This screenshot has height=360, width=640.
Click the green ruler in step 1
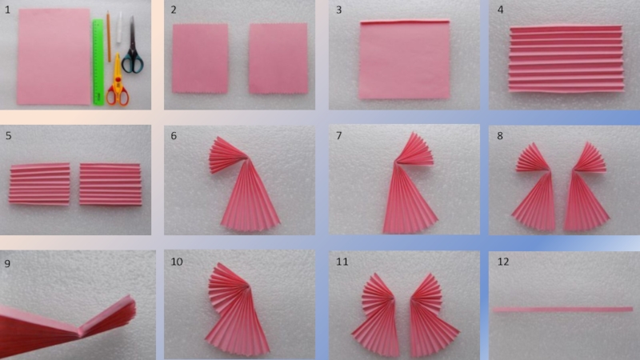[x=98, y=62]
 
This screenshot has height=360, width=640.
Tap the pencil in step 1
[x=109, y=37]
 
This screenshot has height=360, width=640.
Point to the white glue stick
[x=118, y=28]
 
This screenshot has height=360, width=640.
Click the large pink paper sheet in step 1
[x=54, y=56]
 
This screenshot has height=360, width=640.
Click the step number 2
[x=174, y=10]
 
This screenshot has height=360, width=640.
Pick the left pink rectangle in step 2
[x=200, y=58]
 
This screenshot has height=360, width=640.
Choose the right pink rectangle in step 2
[x=278, y=58]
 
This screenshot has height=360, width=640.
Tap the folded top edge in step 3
[x=405, y=22]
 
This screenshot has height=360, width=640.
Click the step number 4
[x=501, y=10]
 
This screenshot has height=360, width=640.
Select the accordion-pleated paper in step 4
[x=566, y=58]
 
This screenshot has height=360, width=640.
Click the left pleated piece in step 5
[x=39, y=184]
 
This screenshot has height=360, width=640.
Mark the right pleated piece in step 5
[x=110, y=184]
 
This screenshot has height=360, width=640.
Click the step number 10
[x=176, y=262]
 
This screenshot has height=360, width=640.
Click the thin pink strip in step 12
[x=563, y=310]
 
